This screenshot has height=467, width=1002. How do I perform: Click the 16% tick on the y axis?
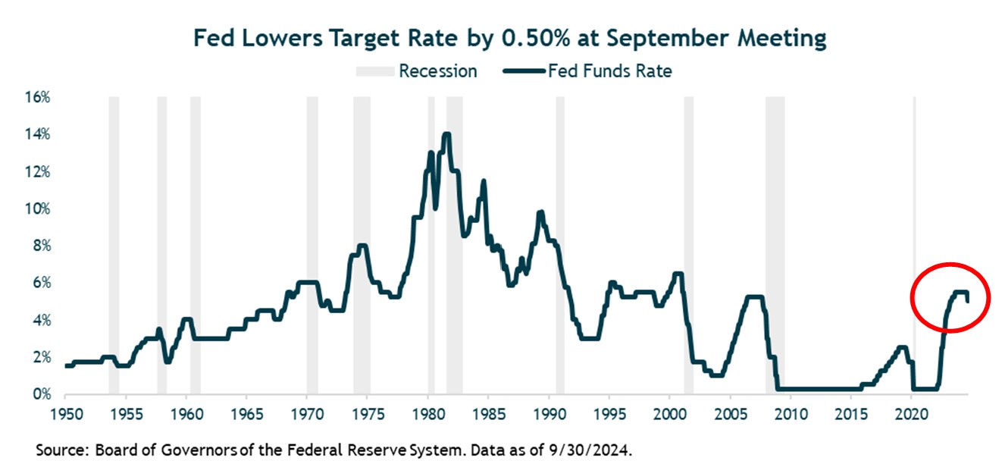[x=39, y=98]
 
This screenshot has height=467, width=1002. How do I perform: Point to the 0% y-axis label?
[x=42, y=395]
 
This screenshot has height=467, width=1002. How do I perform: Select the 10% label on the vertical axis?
[x=39, y=209]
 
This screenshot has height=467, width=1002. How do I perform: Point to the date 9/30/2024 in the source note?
[x=592, y=450]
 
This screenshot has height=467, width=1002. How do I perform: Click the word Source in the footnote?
[x=61, y=450]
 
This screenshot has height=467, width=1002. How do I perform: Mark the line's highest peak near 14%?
[x=446, y=135]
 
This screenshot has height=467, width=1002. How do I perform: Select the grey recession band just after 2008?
[x=775, y=227]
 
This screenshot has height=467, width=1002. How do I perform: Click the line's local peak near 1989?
[x=540, y=213]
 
